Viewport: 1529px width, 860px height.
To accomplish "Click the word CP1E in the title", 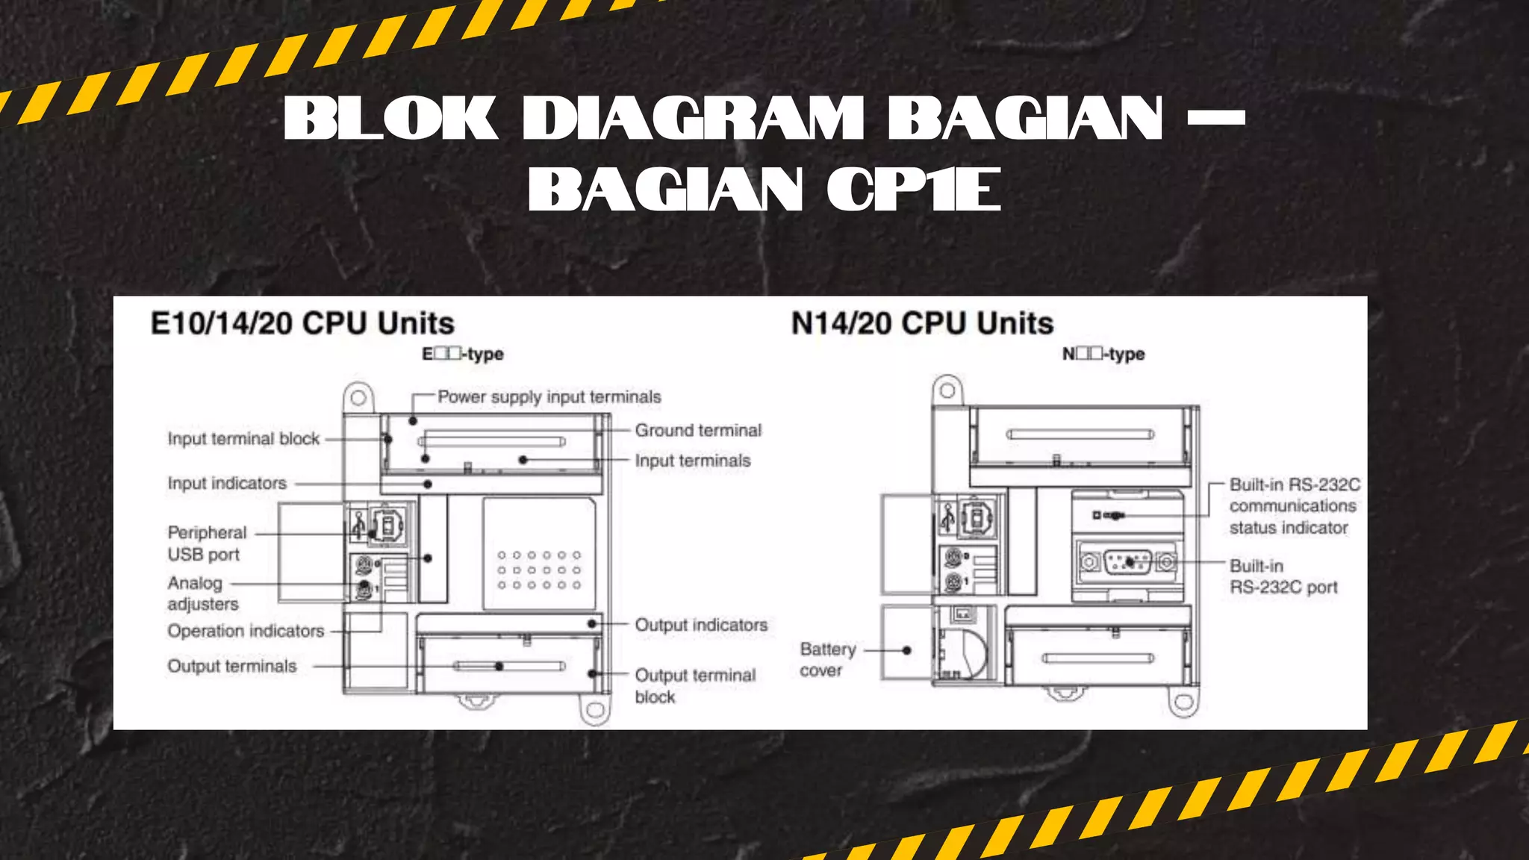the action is tap(914, 190).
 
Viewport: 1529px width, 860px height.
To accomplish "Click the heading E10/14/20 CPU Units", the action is tap(302, 323).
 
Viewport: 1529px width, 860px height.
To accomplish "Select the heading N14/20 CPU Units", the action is tap(922, 323).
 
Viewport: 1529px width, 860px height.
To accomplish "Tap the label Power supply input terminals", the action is tap(549, 397).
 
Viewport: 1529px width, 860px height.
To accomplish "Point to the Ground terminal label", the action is tap(698, 430).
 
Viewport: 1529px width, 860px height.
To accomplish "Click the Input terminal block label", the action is tap(243, 438).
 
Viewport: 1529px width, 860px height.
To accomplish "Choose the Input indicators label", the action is tap(227, 484).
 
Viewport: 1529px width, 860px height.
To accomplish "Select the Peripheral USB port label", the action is tap(207, 543).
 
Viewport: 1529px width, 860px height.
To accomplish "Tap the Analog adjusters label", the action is tap(203, 593).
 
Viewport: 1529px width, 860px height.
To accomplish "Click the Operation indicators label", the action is tap(246, 632).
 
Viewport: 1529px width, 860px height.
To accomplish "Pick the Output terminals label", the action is tap(231, 666).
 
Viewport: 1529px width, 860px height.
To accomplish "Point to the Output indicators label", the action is tap(701, 625).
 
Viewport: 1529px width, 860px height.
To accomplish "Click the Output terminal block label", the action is tap(695, 686).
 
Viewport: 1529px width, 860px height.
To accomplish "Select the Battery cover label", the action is tap(828, 660).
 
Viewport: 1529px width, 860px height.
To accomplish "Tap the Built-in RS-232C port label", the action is tap(1283, 576).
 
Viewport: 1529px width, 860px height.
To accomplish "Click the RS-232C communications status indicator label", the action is tap(1295, 506).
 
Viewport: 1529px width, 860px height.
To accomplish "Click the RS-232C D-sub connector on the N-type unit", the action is tap(1127, 561).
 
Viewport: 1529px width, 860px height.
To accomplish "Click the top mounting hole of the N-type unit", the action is tap(947, 390).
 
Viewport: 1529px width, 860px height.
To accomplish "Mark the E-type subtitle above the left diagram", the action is tap(463, 354).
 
